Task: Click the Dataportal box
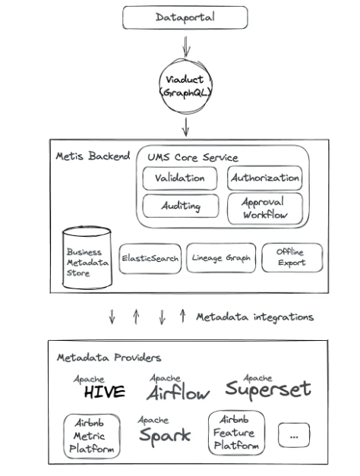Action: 185,17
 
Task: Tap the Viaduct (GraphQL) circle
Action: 185,87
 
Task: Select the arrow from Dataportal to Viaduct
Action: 186,46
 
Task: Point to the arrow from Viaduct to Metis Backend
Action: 185,127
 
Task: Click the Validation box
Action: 180,178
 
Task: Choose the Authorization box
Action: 264,178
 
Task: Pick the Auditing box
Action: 181,206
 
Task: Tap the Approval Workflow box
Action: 265,209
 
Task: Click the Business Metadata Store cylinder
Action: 87,257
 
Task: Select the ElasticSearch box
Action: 150,259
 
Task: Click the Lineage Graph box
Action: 221,258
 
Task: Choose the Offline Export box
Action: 292,257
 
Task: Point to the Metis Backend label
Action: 93,156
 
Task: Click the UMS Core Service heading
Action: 193,158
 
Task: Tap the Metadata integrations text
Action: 254,317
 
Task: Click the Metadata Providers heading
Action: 109,358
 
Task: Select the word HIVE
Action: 105,392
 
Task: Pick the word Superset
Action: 268,389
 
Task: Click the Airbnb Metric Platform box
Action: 92,436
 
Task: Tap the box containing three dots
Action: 294,435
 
